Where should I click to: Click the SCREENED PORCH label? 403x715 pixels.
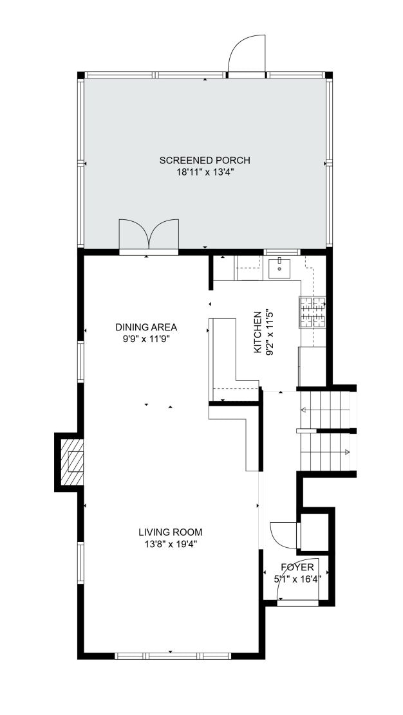coord(205,160)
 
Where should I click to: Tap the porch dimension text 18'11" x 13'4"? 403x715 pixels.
coord(205,172)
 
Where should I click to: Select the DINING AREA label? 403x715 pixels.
coord(146,327)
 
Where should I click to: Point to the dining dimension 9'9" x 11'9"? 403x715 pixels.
coord(146,339)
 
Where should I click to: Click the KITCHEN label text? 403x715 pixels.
coord(258,332)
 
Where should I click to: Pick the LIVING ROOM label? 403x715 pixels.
coord(170,532)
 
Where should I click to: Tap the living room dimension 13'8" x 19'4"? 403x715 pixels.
coord(170,544)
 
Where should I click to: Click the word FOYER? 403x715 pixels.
coord(297,567)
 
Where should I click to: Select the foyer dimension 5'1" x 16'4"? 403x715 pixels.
coord(297,579)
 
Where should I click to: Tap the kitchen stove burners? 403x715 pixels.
coord(313,312)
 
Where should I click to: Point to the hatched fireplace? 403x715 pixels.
coord(72,462)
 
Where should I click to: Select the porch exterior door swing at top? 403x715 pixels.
coord(247,54)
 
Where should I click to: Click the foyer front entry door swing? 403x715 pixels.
coord(298,580)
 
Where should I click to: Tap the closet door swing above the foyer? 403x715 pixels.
coord(284,535)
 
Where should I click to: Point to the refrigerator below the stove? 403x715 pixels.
coord(312,367)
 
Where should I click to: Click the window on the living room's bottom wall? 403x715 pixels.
coord(173,656)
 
